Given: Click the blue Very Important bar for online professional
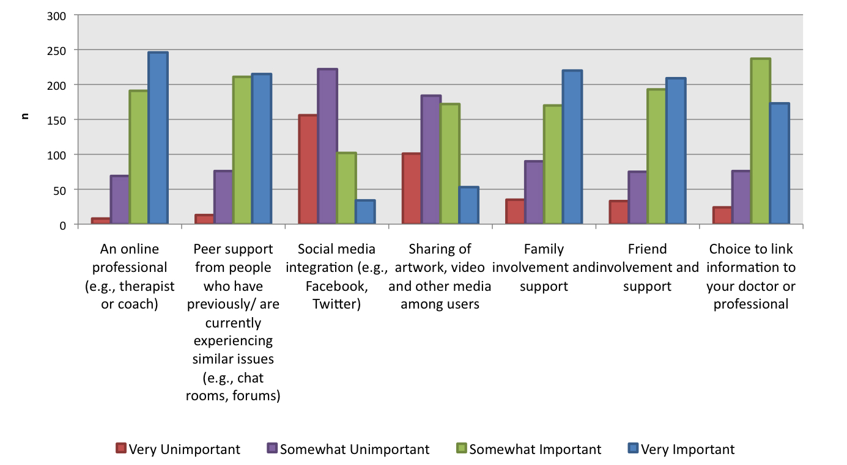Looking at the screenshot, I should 158,139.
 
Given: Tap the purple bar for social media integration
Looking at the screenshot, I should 327,147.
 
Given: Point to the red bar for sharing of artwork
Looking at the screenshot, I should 412,189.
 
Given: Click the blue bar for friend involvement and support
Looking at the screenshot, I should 676,152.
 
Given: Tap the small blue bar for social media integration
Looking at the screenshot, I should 365,213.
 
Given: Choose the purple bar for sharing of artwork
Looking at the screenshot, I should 431,160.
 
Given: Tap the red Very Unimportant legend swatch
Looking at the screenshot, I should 121,449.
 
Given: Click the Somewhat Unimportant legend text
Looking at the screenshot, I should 355,450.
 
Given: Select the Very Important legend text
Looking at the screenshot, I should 687,450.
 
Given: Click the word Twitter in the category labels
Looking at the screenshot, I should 336,304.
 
